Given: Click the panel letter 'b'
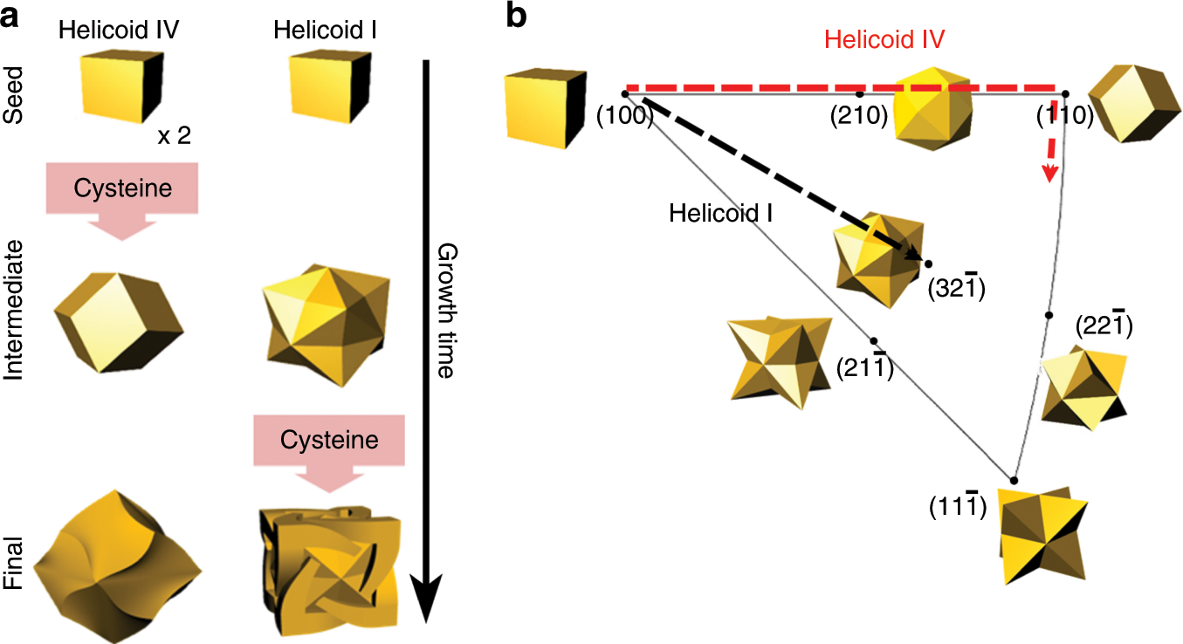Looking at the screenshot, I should point(517,16).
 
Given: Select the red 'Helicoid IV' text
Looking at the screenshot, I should point(885,39).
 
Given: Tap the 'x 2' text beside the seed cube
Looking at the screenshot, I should point(173,136).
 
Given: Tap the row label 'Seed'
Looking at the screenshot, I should point(16,76).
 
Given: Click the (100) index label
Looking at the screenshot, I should point(624,115).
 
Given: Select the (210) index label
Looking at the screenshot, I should point(857,115).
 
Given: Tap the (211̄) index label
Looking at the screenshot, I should point(863,367).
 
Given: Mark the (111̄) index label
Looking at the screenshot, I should point(958,506).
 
